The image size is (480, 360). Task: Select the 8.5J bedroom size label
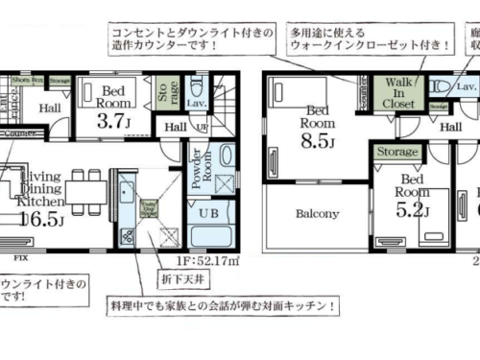click(x=318, y=143)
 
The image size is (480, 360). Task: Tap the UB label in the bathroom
click(x=209, y=212)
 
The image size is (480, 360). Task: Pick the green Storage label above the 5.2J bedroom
click(x=396, y=152)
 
